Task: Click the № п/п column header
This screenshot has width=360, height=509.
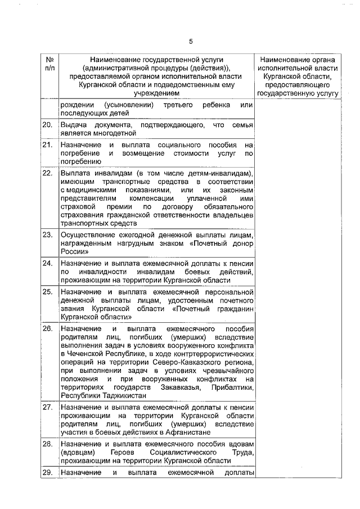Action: pos(48,63)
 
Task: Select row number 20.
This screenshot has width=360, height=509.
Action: pos(48,124)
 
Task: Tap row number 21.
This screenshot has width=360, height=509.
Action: pos(48,145)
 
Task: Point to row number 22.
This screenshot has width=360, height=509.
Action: pos(48,173)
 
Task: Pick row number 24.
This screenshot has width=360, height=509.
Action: pos(48,263)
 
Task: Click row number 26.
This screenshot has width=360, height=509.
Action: pos(48,328)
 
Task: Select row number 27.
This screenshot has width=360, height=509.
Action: pos(48,407)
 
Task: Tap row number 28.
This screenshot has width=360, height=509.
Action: pos(48,444)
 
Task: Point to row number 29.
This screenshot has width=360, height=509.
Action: pos(48,472)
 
